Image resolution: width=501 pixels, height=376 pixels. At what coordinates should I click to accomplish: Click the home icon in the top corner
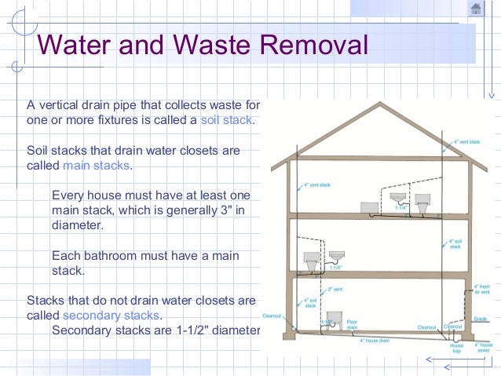(475, 9)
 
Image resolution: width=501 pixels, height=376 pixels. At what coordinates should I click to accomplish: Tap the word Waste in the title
(210, 44)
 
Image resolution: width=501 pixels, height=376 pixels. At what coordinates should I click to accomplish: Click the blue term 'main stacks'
(97, 166)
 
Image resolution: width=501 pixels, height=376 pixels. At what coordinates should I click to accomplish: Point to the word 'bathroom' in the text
(115, 256)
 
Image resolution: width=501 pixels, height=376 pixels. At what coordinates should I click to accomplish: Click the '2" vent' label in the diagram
(335, 290)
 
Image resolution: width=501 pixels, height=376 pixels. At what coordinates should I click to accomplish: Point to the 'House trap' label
(456, 349)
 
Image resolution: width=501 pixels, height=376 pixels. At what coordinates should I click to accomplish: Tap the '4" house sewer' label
(485, 348)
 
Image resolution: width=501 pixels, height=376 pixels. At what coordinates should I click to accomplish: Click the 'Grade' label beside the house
(481, 319)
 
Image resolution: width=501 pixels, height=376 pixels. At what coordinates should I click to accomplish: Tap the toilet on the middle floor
(311, 258)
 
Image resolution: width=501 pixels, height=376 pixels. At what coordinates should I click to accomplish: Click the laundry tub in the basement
(331, 322)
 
